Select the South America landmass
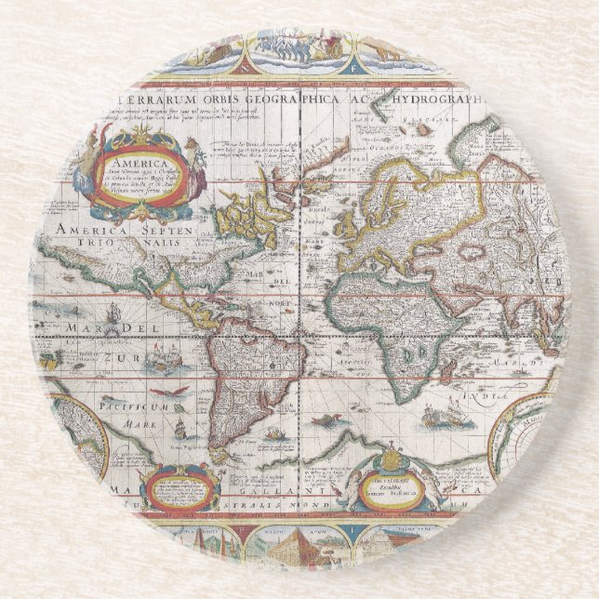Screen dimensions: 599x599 (x=246, y=372)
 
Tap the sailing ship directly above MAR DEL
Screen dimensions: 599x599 (x=112, y=311)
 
